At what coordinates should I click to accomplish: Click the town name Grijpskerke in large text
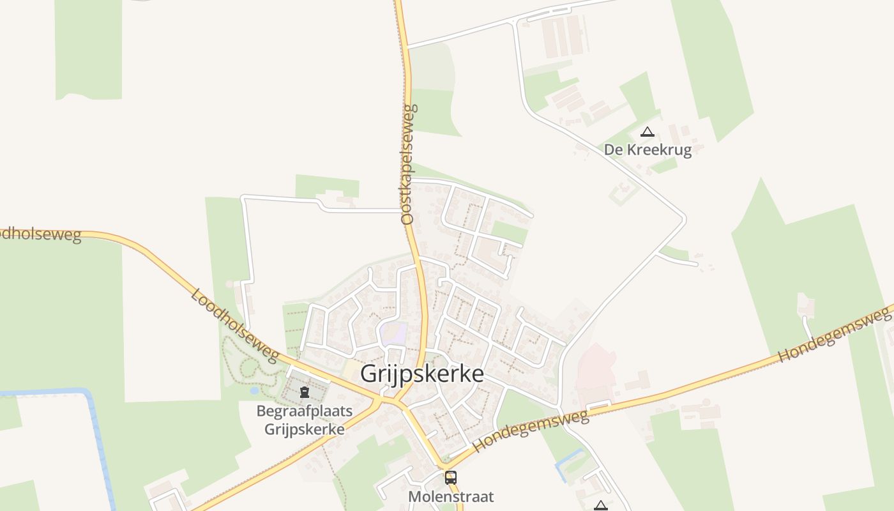pos(422,374)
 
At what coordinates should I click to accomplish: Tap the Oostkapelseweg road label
pos(409,164)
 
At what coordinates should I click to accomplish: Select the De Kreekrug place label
pos(648,150)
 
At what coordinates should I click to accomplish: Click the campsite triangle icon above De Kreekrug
pos(648,133)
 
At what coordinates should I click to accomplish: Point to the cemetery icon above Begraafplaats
pos(305,391)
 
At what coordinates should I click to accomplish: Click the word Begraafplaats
pos(305,411)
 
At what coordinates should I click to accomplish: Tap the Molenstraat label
pos(451,496)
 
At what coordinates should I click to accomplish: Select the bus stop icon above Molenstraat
pos(451,477)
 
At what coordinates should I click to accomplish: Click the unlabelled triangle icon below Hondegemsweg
pos(600,506)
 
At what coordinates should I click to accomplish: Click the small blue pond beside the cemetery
pos(255,390)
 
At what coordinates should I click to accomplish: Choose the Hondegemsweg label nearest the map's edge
pos(835,333)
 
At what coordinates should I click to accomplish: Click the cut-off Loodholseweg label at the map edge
pos(40,235)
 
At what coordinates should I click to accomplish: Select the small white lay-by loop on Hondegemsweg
pos(598,404)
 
